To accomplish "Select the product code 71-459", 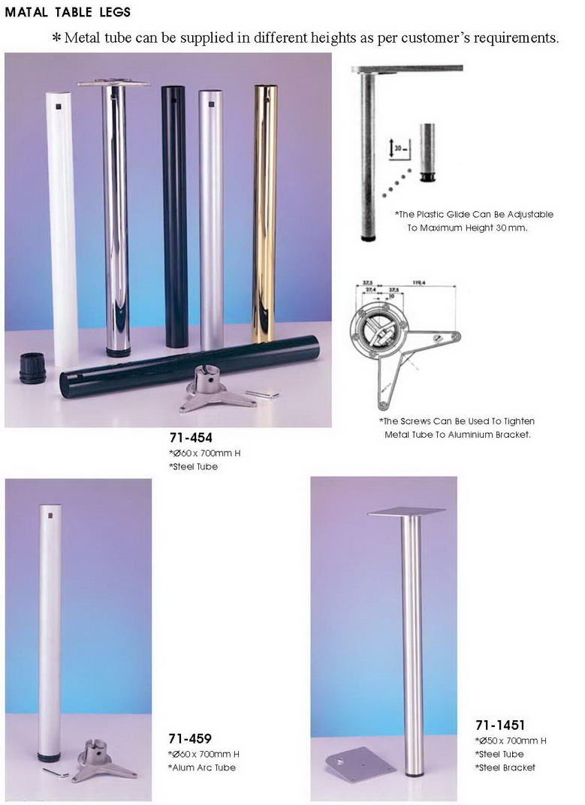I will [x=189, y=738].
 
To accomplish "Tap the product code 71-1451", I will [x=499, y=725].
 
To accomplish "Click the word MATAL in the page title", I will [x=26, y=12].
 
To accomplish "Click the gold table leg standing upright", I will [x=264, y=210].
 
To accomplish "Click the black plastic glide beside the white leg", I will [x=33, y=367].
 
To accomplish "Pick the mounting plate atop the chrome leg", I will [x=113, y=83].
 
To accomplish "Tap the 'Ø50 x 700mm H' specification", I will [x=511, y=740].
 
